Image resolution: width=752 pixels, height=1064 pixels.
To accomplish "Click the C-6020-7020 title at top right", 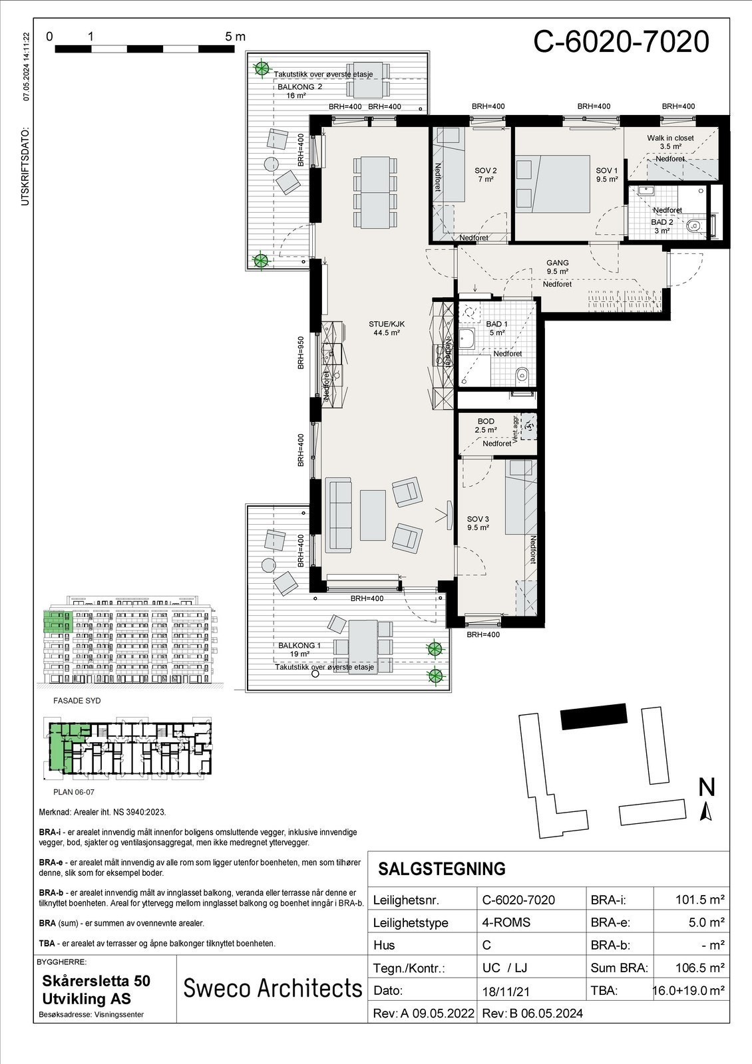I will click(621, 42).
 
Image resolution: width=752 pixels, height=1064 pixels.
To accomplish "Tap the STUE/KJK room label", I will click(387, 325).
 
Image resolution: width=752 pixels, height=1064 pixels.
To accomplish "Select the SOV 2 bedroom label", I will click(486, 171).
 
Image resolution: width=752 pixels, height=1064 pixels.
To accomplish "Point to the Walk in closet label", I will click(670, 138).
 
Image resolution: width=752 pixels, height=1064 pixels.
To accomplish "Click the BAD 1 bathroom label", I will click(496, 325).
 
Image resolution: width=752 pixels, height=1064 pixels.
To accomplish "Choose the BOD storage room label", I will click(486, 422).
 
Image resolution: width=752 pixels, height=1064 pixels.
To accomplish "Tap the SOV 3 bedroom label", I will click(478, 519).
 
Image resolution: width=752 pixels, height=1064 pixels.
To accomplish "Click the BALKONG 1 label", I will click(299, 646).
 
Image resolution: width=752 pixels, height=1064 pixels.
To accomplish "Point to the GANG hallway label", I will click(557, 263).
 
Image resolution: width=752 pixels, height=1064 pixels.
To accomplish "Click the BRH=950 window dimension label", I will click(301, 352).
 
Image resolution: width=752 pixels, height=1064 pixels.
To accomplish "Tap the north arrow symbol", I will click(707, 811).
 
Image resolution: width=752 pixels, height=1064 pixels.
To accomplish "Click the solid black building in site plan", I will click(594, 717).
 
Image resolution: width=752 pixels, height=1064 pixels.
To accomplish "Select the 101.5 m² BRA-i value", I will click(699, 900).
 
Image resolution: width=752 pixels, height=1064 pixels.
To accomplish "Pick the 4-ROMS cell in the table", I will click(506, 922).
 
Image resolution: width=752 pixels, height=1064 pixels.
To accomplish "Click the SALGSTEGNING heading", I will click(441, 869).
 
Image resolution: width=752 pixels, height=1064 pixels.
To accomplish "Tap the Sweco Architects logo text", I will click(272, 989).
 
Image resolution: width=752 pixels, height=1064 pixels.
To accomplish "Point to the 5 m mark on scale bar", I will click(235, 37).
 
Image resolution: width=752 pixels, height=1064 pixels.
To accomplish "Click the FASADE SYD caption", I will click(77, 701).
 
